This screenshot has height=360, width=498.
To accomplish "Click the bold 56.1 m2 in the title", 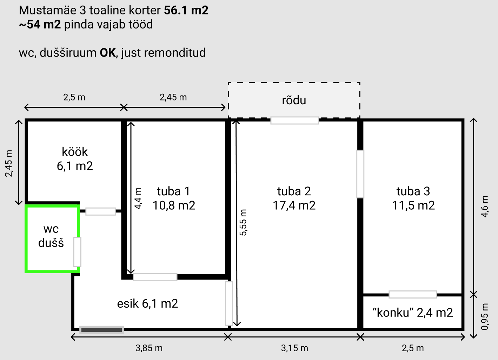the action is (x=186, y=11).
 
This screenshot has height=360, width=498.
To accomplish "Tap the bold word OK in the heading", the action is (x=108, y=53).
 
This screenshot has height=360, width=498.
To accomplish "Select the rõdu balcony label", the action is (x=294, y=100).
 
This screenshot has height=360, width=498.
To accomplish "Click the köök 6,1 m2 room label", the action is (x=75, y=159).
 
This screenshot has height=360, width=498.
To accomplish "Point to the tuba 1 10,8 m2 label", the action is (x=174, y=198).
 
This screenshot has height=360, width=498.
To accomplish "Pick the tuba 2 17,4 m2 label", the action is (x=294, y=198).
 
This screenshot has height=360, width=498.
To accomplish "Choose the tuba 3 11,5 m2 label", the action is (x=413, y=198).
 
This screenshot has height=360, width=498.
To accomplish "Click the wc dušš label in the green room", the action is (x=51, y=236).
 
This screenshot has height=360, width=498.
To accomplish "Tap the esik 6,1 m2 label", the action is (x=147, y=303).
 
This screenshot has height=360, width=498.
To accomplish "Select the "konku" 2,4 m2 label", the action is (x=413, y=313).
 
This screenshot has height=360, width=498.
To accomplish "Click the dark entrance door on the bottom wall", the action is (x=102, y=330).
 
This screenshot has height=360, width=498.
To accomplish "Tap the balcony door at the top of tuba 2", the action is (x=294, y=120).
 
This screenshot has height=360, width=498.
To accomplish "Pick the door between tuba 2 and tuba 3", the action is (x=360, y=174).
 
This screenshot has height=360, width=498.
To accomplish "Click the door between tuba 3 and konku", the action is (x=413, y=294).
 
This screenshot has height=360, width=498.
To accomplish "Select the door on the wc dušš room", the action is (x=77, y=252).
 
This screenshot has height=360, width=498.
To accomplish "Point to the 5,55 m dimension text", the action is (x=243, y=222).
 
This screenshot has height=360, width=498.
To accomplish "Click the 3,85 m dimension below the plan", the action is (x=149, y=348).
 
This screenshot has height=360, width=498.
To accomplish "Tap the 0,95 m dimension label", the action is (x=485, y=316).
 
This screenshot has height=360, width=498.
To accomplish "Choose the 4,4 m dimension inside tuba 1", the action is (x=138, y=198).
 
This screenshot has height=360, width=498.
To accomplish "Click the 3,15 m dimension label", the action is (x=294, y=348).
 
